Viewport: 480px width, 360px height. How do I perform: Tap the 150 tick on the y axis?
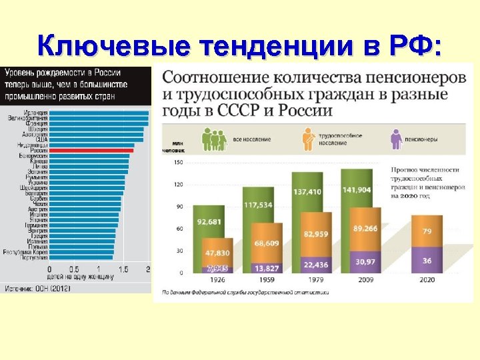click(178, 161)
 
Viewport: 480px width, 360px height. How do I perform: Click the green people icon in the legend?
click(212, 139)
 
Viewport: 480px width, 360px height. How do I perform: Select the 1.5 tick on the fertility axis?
click(124, 269)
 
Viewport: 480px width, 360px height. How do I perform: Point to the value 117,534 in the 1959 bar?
click(258, 205)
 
